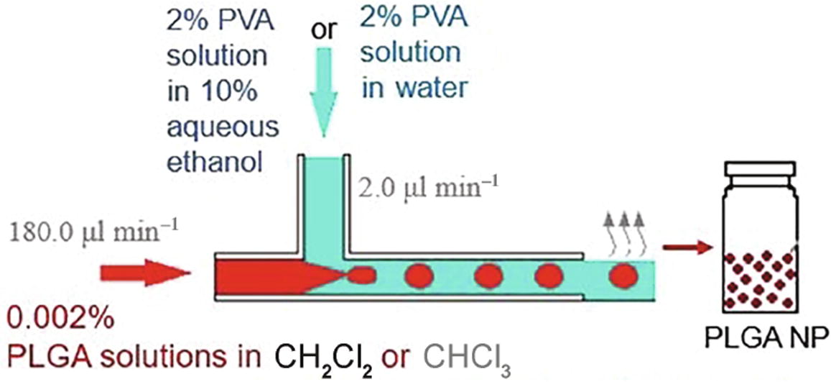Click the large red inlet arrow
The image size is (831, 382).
click(x=144, y=273)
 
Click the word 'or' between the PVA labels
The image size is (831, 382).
click(x=322, y=32)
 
